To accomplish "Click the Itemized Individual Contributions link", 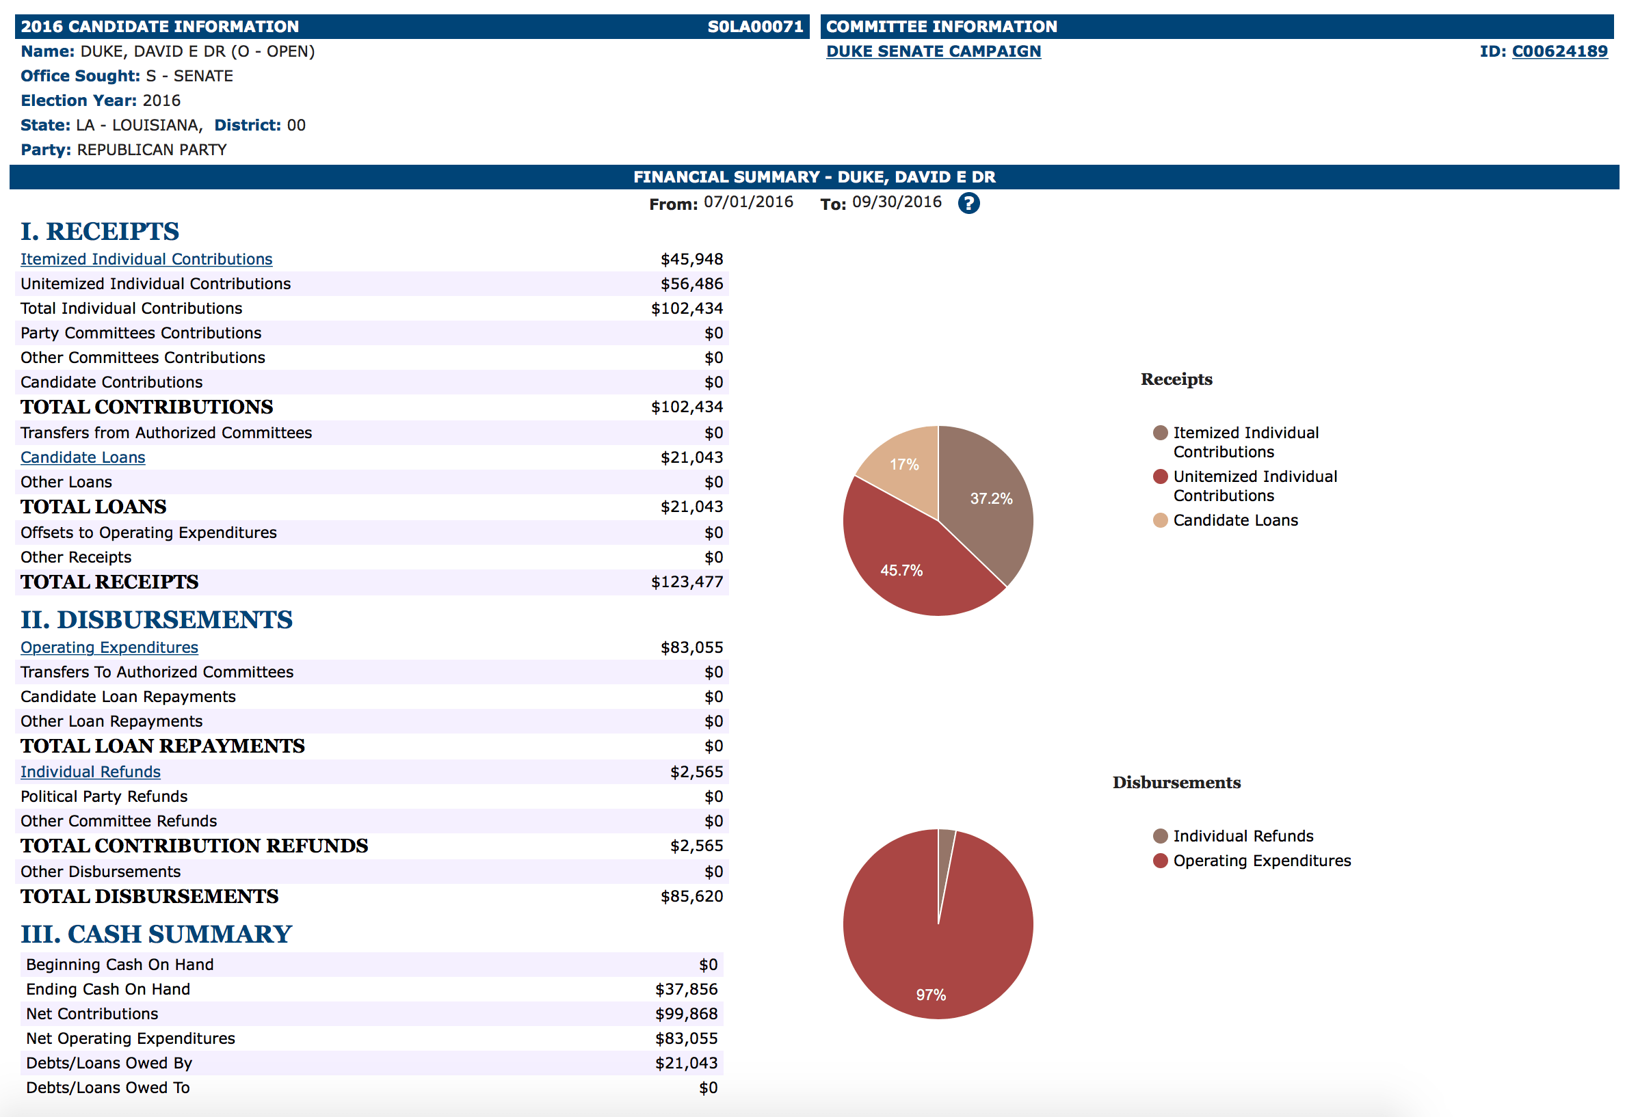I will pos(146,259).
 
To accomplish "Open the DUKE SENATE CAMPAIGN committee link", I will pos(933,51).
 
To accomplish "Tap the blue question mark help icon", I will pos(968,203).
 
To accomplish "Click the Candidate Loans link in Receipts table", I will pos(83,457).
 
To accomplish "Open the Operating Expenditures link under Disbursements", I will pos(109,647).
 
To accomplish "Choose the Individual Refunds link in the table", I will pos(90,771).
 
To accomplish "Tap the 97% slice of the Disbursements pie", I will pos(932,966).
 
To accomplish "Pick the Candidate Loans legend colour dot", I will pos(1159,520).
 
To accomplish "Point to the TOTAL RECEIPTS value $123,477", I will pos(686,582).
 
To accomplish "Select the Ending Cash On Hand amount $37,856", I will pos(686,989).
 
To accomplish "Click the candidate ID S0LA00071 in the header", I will pos(754,27).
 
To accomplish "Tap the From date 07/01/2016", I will pos(748,202).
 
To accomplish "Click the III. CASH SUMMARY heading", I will pos(156,934).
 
